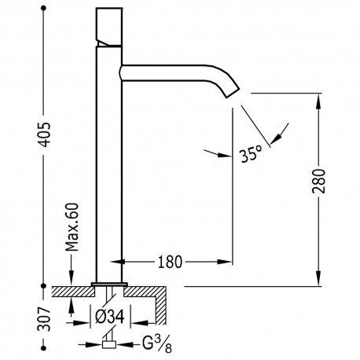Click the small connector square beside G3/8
[x=108, y=343]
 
